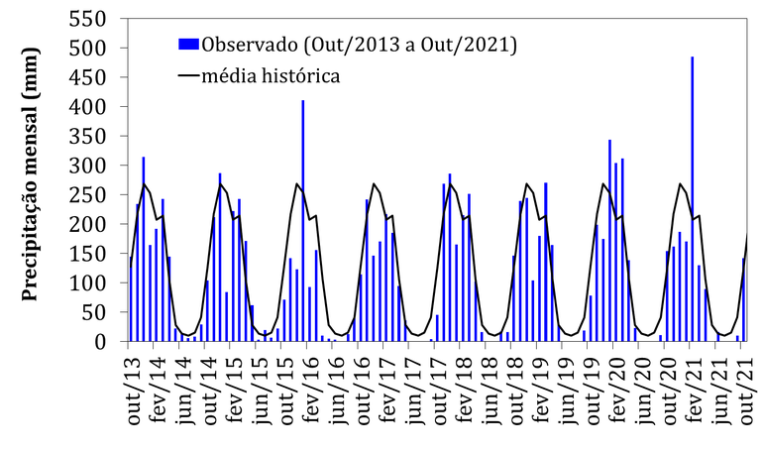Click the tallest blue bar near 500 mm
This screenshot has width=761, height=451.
692,198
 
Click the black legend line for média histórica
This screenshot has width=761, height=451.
188,75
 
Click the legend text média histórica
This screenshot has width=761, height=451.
272,75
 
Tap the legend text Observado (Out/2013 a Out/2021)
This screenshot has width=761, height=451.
359,44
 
